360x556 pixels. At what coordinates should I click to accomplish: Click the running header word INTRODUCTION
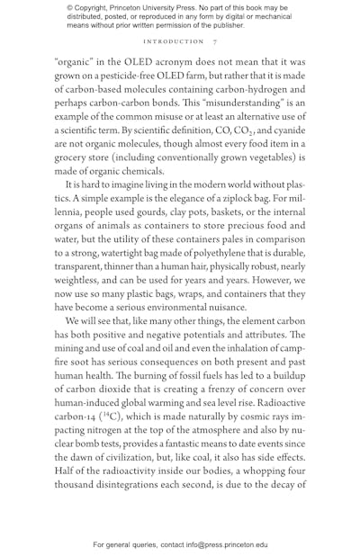click(x=174, y=41)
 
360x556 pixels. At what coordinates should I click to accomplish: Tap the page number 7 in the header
click(x=214, y=41)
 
